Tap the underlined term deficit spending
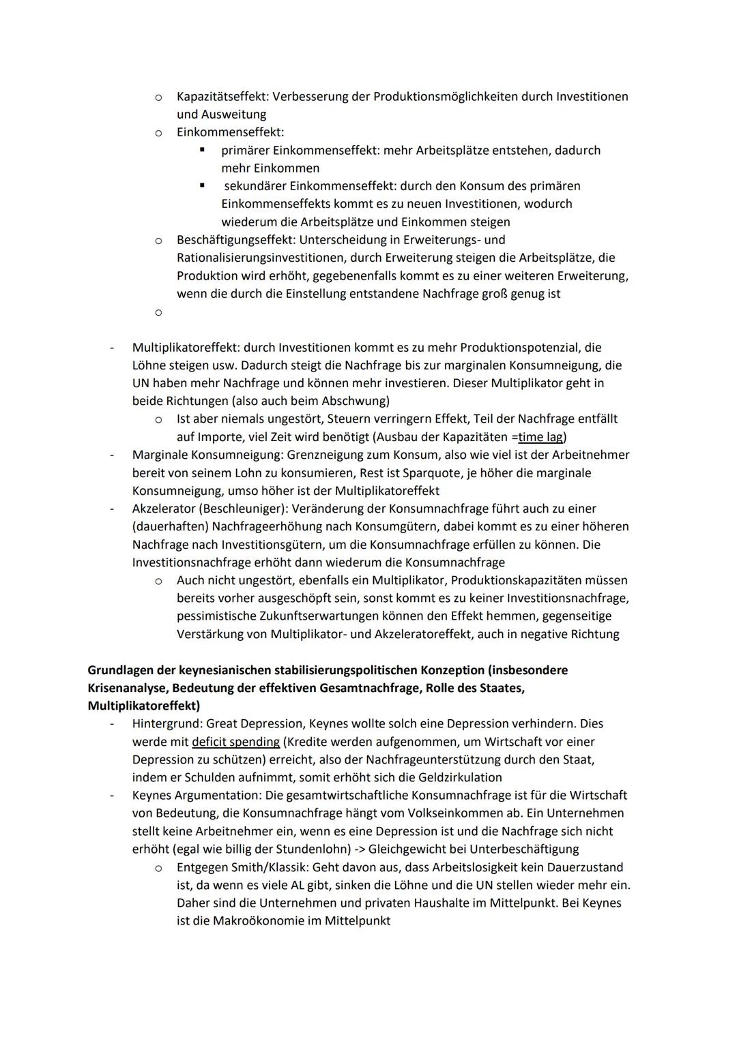(x=236, y=742)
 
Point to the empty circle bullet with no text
(x=158, y=312)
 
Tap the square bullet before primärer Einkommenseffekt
(x=202, y=149)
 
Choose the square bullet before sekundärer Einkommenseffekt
(x=202, y=185)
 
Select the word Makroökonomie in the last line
(x=267, y=921)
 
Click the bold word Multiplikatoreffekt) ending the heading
(x=144, y=706)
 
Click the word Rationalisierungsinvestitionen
(x=270, y=258)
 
